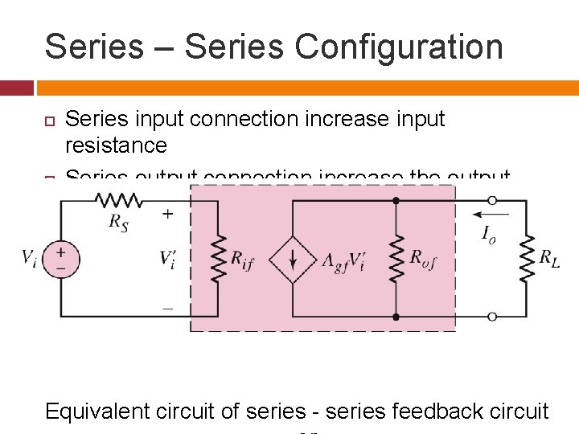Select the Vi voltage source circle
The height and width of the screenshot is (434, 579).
coord(61,257)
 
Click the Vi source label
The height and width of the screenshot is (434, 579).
coord(28,257)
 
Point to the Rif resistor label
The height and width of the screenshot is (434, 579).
coord(242,260)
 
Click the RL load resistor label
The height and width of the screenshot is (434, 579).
coord(551,258)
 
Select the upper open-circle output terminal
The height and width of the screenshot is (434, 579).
coord(492,201)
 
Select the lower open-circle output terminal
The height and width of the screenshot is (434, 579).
coord(492,317)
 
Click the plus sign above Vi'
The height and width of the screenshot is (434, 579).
coord(167,215)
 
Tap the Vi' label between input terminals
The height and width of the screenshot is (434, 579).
coord(169,259)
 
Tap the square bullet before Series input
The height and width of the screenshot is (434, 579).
coord(49,120)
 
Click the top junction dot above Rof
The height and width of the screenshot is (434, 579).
coord(396,201)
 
